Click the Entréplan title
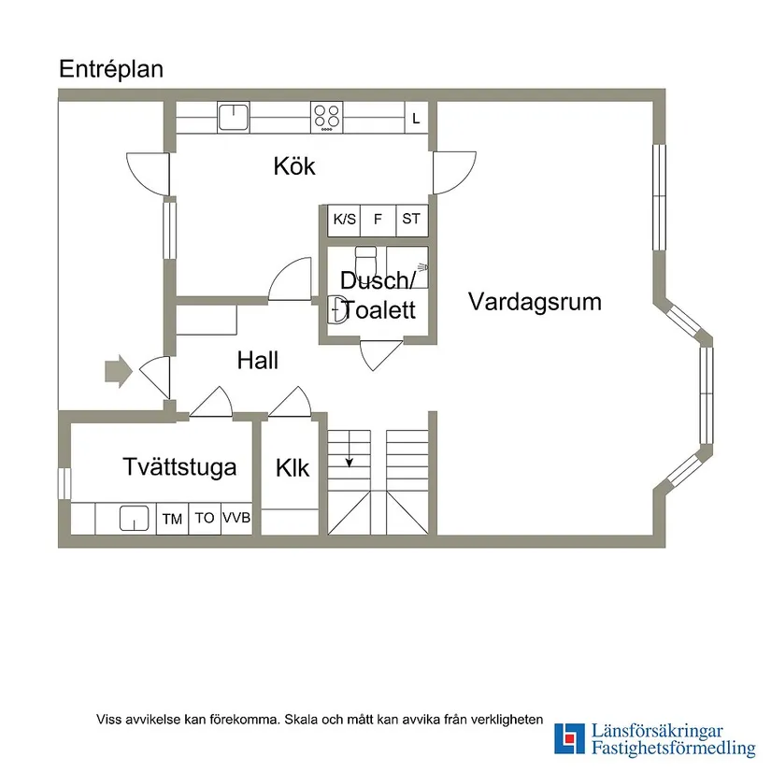pyautogui.click(x=111, y=69)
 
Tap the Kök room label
pyautogui.click(x=294, y=166)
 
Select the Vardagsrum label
pyautogui.click(x=535, y=302)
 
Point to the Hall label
pyautogui.click(x=257, y=361)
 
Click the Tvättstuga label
pyautogui.click(x=178, y=467)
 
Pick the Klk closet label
pyautogui.click(x=292, y=468)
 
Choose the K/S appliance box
pyautogui.click(x=344, y=220)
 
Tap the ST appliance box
pyautogui.click(x=411, y=220)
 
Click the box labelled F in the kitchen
pyautogui.click(x=378, y=220)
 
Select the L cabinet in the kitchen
pyautogui.click(x=416, y=118)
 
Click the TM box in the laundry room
pyautogui.click(x=172, y=519)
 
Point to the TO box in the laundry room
pyautogui.click(x=205, y=518)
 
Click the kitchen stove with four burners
pyautogui.click(x=327, y=117)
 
